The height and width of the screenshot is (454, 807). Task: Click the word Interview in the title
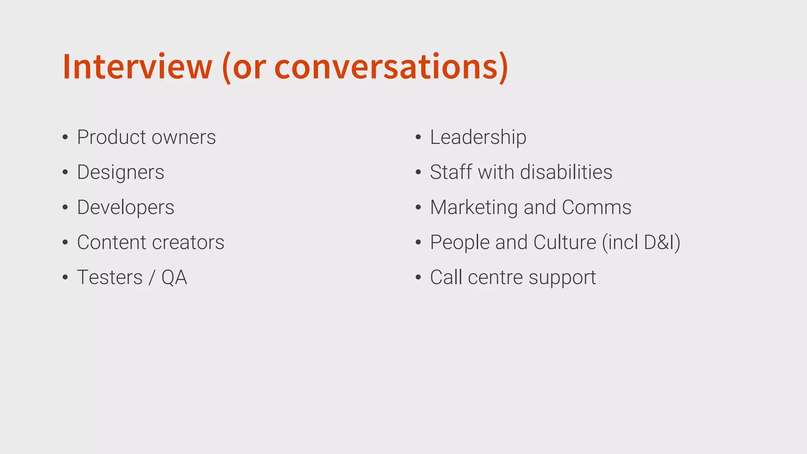tap(137, 67)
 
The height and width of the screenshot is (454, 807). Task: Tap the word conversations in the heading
tap(386, 67)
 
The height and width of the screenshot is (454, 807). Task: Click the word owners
tap(184, 137)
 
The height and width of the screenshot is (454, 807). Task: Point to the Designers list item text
tap(121, 172)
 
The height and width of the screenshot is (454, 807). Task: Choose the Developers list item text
tap(125, 207)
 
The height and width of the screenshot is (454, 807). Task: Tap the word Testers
tap(110, 277)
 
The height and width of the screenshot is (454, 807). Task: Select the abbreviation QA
tap(174, 277)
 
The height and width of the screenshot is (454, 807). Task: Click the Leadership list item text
tap(478, 137)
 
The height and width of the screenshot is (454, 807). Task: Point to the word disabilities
tap(566, 172)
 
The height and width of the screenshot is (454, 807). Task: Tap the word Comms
tap(596, 207)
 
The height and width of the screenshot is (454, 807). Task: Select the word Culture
tap(565, 242)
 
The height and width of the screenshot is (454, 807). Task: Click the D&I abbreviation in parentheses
tap(659, 242)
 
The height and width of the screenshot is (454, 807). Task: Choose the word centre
tap(496, 277)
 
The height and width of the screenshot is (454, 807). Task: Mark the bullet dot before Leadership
tap(418, 138)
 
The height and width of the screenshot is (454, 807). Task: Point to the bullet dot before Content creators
tap(65, 243)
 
